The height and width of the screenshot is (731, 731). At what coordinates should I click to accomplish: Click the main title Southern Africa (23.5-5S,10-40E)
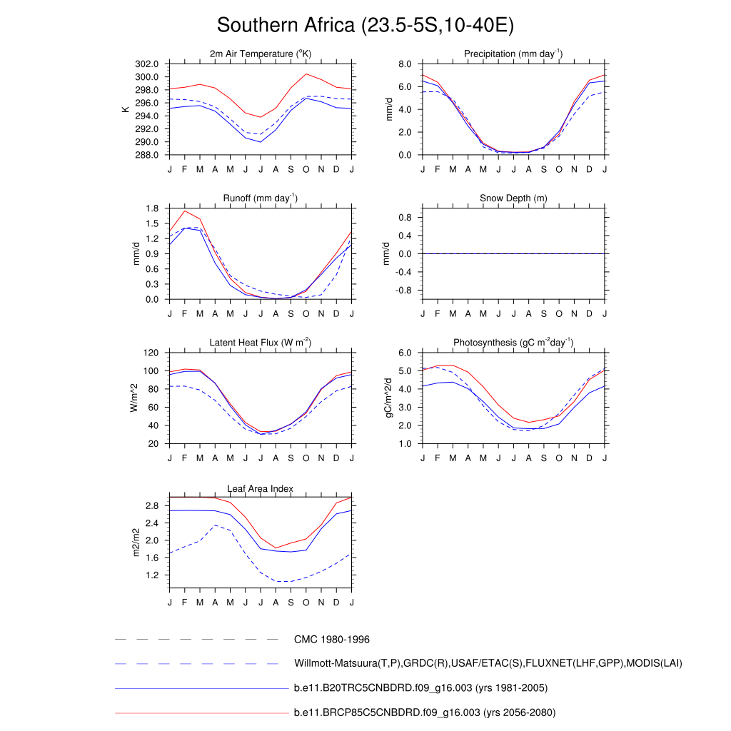pyautogui.click(x=365, y=26)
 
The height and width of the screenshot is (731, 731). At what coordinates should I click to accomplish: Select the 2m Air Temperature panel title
pyautogui.click(x=261, y=54)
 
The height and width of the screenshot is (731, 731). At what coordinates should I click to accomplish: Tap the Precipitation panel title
pyautogui.click(x=513, y=54)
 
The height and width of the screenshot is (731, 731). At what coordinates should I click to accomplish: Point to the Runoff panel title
pyautogui.click(x=261, y=198)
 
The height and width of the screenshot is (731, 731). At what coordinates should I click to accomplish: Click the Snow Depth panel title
pyautogui.click(x=513, y=198)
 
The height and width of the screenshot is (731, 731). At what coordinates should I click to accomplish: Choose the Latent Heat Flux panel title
pyautogui.click(x=261, y=343)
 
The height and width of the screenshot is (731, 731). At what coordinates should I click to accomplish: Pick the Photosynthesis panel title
pyautogui.click(x=513, y=343)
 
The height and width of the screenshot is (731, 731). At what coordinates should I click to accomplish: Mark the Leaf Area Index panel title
pyautogui.click(x=261, y=489)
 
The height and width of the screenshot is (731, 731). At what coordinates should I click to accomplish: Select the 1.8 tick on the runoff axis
pyautogui.click(x=152, y=208)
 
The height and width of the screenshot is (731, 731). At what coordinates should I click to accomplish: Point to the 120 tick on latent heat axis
pyautogui.click(x=151, y=353)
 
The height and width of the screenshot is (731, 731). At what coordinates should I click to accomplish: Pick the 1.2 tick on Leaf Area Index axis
pyautogui.click(x=152, y=575)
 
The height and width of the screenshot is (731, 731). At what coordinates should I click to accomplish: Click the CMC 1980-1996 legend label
pyautogui.click(x=331, y=640)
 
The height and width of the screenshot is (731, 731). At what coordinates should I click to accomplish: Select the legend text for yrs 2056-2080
pyautogui.click(x=424, y=712)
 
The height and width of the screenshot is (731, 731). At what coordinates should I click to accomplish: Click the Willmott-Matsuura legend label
pyautogui.click(x=488, y=664)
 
